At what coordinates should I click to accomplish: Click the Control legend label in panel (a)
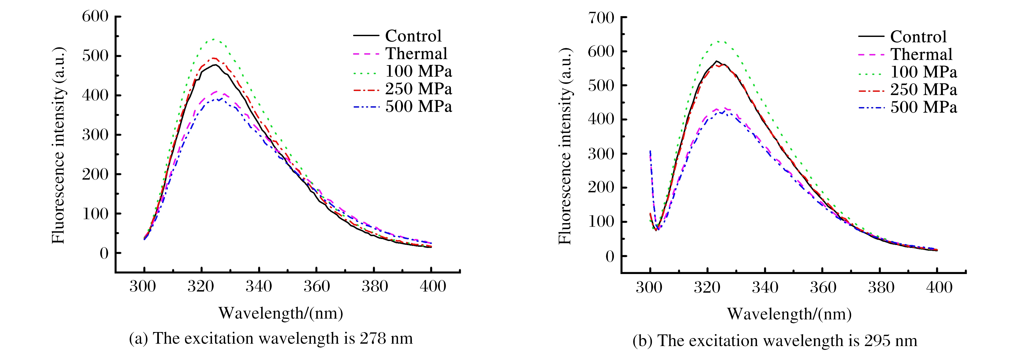[x=413, y=36]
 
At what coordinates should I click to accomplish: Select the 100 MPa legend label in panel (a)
[x=419, y=71]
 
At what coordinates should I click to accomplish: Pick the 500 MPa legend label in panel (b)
[x=924, y=107]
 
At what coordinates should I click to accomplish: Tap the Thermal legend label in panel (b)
[x=921, y=54]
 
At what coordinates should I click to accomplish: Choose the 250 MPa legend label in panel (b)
[x=924, y=90]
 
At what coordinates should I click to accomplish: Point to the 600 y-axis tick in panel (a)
[x=95, y=17]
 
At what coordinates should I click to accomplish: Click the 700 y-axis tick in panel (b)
[x=601, y=18]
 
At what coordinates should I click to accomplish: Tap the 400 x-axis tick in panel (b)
[x=939, y=287]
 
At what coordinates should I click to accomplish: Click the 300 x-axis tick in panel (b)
[x=649, y=287]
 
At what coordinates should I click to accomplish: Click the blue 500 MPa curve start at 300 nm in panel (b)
[x=650, y=151]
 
